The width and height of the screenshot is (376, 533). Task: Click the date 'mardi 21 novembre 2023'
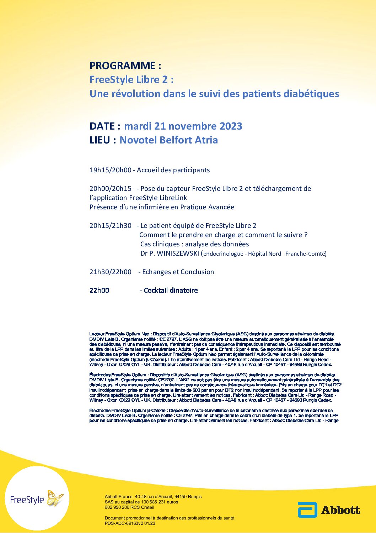click(183, 126)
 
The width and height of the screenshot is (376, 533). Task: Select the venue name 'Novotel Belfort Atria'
click(168, 140)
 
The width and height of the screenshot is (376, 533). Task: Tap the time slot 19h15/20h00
click(110, 170)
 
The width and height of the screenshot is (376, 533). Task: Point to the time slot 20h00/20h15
click(110, 189)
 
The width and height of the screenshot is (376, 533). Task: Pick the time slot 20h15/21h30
click(110, 226)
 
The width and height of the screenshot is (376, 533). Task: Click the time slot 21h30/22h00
click(110, 272)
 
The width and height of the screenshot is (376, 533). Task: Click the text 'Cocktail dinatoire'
click(171, 291)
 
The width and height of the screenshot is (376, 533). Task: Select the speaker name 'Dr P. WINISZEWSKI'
click(170, 254)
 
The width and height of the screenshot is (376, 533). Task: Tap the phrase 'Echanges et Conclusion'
click(178, 272)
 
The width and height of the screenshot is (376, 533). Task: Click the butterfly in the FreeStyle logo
click(55, 498)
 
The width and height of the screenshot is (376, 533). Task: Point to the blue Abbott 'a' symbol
click(307, 510)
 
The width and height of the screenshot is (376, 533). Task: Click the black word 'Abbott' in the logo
click(340, 510)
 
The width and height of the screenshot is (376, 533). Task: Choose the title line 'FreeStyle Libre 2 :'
click(131, 79)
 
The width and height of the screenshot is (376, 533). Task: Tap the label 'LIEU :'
click(103, 140)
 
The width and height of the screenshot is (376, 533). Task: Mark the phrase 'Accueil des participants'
click(173, 170)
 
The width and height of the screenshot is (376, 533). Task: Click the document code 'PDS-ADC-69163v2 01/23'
click(130, 523)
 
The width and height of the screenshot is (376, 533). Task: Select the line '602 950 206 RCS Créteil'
click(129, 507)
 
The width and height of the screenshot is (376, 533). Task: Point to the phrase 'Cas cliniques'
click(160, 244)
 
